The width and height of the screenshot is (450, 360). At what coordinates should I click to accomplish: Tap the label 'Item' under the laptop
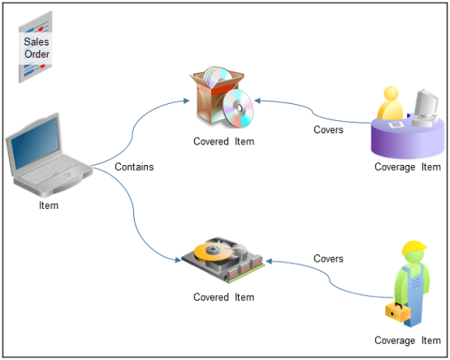pyautogui.click(x=49, y=206)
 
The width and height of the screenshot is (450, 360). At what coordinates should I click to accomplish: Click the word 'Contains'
pyautogui.click(x=134, y=167)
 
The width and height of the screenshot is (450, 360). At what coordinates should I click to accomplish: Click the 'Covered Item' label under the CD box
pyautogui.click(x=223, y=141)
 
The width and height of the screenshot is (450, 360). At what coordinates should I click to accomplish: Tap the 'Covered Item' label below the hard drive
pyautogui.click(x=223, y=297)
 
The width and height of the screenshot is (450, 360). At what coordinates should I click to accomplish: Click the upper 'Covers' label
pyautogui.click(x=328, y=129)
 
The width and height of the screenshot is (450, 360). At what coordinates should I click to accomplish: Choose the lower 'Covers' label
pyautogui.click(x=328, y=259)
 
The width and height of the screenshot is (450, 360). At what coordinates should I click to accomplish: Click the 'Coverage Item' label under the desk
pyautogui.click(x=407, y=167)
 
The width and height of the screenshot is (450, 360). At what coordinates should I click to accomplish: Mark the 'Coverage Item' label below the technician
pyautogui.click(x=407, y=340)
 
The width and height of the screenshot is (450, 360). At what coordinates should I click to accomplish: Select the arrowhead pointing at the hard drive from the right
pyautogui.click(x=266, y=261)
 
